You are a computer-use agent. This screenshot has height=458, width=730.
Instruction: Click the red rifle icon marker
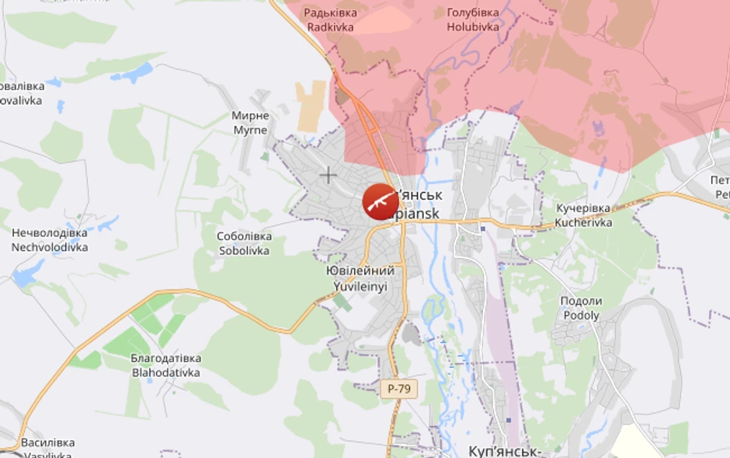click(x=381, y=202)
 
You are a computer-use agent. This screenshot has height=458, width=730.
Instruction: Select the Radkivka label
click(x=330, y=20)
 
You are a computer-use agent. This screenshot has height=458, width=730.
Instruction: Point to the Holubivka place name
click(x=472, y=20)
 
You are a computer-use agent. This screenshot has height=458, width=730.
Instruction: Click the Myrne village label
click(x=250, y=123)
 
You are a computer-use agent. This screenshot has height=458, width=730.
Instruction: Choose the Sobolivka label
click(x=244, y=243)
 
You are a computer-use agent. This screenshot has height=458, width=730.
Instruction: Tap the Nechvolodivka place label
click(x=49, y=240)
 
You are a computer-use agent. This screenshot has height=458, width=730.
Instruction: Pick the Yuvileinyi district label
click(x=360, y=278)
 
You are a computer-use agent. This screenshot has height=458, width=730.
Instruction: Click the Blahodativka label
click(x=165, y=365)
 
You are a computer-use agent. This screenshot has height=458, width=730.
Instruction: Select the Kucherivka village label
click(x=583, y=215)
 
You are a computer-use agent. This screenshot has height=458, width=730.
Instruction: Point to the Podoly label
click(x=581, y=308)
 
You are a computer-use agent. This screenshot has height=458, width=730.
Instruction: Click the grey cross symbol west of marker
click(x=328, y=175)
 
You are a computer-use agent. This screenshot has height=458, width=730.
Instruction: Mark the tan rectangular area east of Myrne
click(x=311, y=105)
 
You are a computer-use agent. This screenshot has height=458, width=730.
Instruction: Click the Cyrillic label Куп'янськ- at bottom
click(x=504, y=451)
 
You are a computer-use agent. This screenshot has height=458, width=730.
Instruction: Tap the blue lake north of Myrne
click(x=134, y=73)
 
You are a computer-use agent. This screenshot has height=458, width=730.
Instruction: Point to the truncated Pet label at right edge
click(x=721, y=187)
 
